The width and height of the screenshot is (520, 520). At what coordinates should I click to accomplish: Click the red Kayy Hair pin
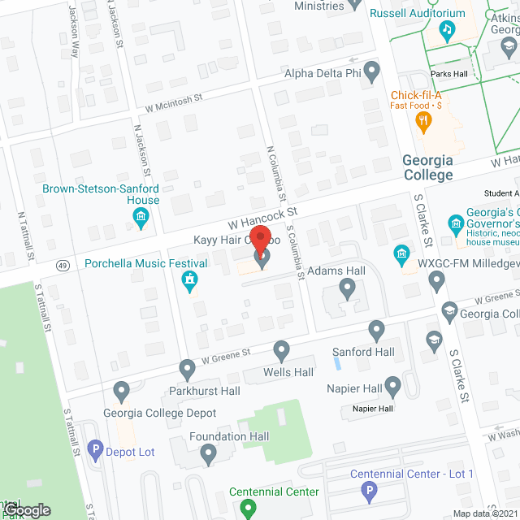pos(262,238)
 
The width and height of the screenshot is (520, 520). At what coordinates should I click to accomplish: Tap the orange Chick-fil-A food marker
pos(422,123)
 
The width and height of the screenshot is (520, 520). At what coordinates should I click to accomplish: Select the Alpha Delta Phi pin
pos(372,72)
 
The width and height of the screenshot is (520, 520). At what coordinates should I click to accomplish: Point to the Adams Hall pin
pos(348,288)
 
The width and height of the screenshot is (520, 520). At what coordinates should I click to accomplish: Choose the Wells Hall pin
pos(282,351)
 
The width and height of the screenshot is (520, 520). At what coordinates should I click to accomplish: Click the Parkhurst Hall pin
pos(188,370)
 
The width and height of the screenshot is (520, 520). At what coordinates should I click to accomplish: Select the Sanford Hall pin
pos(376,330)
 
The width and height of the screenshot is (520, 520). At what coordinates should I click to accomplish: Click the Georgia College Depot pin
pos(123,392)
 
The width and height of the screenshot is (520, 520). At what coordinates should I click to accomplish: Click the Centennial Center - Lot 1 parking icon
pos(370,492)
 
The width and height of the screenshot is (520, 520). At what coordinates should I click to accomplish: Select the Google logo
pos(25,509)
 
